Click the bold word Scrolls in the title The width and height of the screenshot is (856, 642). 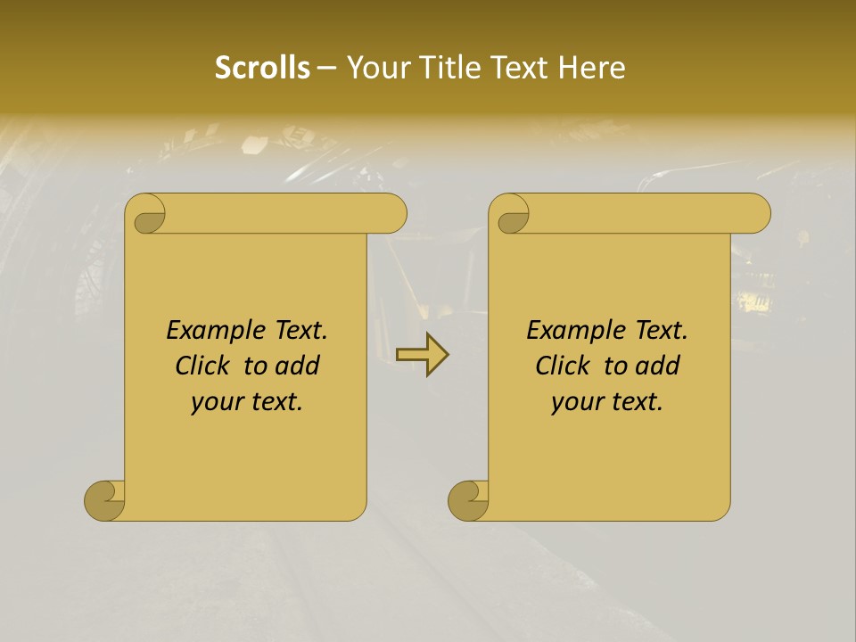[262, 68]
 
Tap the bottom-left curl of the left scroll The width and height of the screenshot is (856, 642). [105, 500]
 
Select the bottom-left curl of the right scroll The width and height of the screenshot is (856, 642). [469, 500]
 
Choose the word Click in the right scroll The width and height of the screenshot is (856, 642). [561, 366]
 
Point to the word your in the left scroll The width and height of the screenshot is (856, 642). [214, 402]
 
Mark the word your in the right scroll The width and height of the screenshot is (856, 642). [574, 402]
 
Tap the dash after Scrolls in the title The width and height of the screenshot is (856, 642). [326, 69]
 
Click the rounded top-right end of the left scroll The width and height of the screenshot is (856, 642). [392, 213]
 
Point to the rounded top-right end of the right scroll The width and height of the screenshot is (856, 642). [756, 213]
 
